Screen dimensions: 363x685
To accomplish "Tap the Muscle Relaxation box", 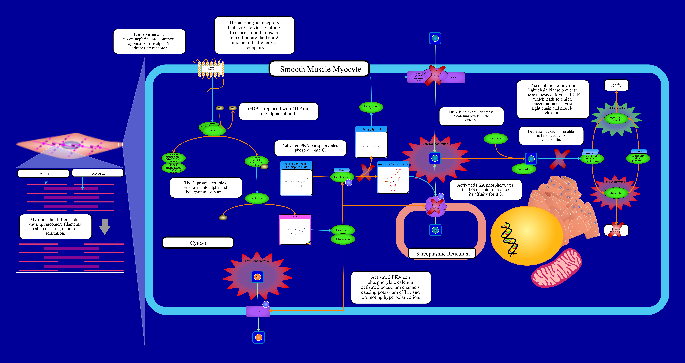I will (616, 85).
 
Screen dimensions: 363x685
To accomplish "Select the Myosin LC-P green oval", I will (616, 193).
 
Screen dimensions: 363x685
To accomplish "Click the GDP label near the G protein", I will (220, 108).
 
